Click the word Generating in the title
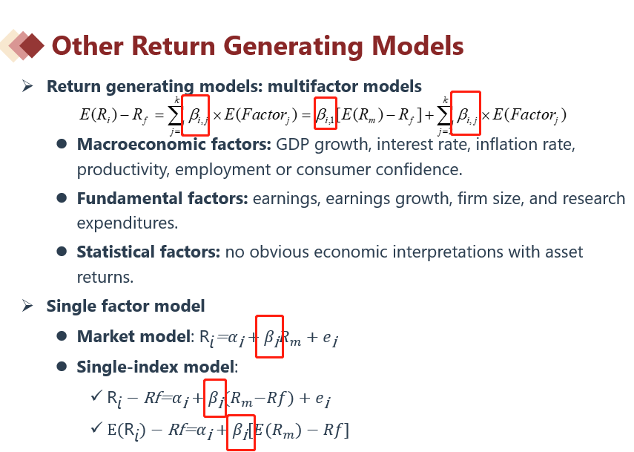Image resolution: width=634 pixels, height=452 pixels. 294,46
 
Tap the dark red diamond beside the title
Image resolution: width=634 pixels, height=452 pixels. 32,46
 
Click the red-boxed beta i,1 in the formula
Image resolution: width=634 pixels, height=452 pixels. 326,114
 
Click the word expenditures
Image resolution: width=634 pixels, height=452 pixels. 128,223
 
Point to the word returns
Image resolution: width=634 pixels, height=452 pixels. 105,278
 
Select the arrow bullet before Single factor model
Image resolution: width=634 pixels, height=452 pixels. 27,306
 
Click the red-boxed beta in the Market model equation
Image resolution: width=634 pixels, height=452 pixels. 269,337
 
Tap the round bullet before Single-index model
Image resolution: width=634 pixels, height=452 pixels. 62,367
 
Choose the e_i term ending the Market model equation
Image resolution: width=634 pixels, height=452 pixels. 331,338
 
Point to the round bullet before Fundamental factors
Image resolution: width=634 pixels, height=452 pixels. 62,198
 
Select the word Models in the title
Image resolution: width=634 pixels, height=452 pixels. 417,45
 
